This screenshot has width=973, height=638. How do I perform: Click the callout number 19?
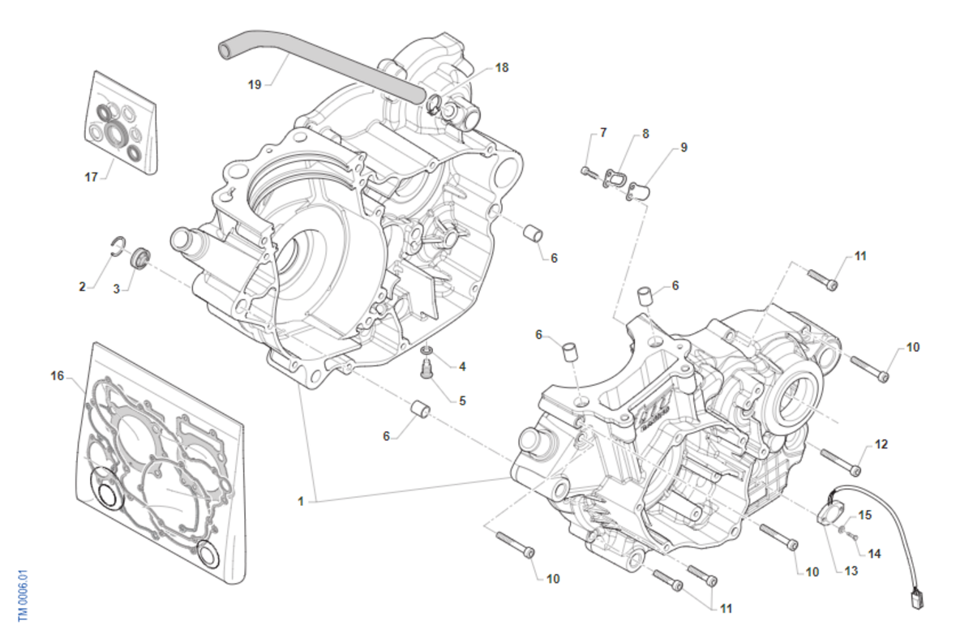pos(255,84)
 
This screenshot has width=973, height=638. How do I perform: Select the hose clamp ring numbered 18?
pos(434,103)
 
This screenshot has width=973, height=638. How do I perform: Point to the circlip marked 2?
pos(118,246)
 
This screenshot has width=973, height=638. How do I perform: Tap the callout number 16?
pos(57,375)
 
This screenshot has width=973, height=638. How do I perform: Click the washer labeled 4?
pos(426,352)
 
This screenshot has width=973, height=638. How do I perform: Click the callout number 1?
pos(300,502)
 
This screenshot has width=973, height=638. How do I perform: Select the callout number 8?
pos(645,135)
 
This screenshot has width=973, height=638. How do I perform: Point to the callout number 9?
pos(684,148)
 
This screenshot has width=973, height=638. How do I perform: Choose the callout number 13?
pos(851,571)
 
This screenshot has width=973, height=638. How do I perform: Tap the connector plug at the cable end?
pos(917,600)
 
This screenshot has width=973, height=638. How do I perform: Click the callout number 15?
pos(864,515)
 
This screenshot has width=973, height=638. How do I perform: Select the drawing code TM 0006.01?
pos(24,595)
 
